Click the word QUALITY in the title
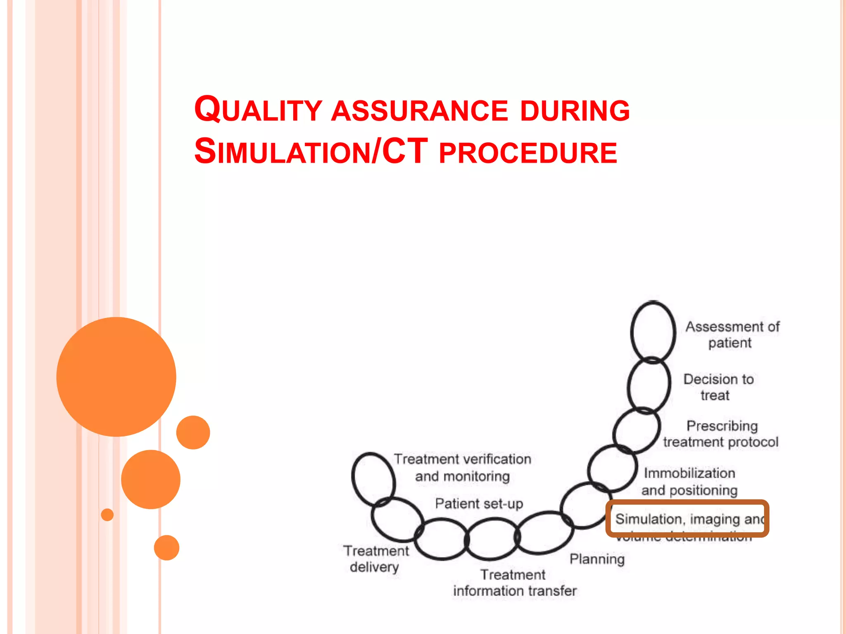click(258, 110)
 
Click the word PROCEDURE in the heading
click(528, 153)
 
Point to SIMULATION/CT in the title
click(311, 152)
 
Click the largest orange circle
click(116, 376)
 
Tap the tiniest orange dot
click(107, 515)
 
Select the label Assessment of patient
click(732, 335)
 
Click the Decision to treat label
click(718, 387)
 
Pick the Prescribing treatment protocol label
click(721, 434)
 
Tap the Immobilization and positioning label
click(689, 481)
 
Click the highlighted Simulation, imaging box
click(687, 518)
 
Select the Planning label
click(597, 559)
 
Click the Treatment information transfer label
click(514, 582)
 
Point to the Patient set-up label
click(479, 504)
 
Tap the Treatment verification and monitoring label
click(462, 467)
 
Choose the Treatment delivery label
click(375, 559)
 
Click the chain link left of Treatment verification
click(373, 479)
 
